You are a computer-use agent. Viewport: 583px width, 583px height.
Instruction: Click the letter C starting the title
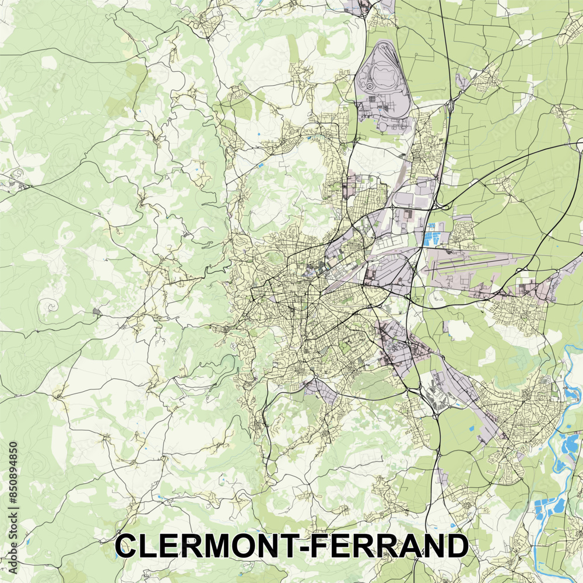click(x=126, y=546)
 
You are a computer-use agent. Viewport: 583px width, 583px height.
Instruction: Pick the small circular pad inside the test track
click(x=369, y=86)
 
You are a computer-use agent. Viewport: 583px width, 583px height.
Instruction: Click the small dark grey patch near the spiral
click(x=96, y=313)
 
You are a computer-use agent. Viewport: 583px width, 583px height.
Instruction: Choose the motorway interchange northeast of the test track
click(x=451, y=105)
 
